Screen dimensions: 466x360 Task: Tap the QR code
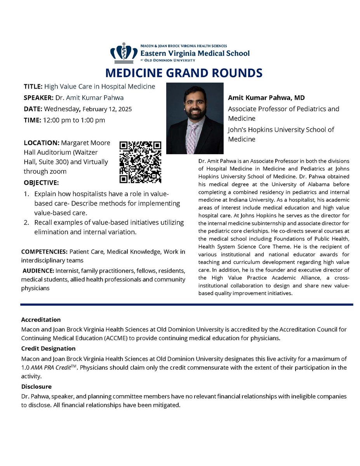click(x=140, y=162)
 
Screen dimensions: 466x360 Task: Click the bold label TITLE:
click(x=33, y=87)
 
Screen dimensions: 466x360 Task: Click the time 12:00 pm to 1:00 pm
click(x=74, y=120)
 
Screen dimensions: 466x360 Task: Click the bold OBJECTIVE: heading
click(x=41, y=183)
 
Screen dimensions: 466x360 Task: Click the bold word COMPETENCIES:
click(x=44, y=252)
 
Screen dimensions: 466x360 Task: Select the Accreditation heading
click(x=41, y=320)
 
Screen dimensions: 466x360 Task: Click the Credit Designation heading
click(x=48, y=348)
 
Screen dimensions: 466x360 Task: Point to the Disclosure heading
click(x=36, y=387)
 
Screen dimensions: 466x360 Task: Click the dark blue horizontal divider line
click(x=186, y=304)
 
